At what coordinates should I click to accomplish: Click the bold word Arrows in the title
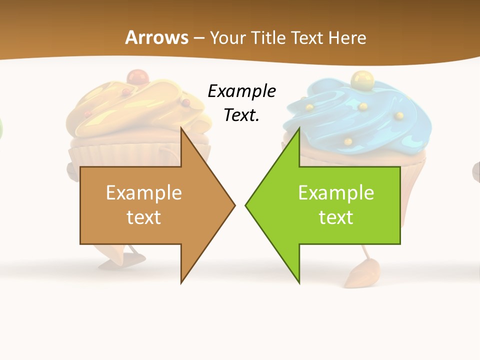[156, 37]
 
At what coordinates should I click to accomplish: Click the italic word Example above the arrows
[241, 91]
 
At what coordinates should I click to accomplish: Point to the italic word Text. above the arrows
[241, 115]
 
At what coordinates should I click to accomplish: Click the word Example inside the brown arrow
[143, 192]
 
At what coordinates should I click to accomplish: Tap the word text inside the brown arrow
[143, 217]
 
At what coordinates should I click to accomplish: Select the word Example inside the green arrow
[336, 192]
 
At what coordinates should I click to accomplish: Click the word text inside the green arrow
[336, 217]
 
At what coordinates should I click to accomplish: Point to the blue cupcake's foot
[360, 275]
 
